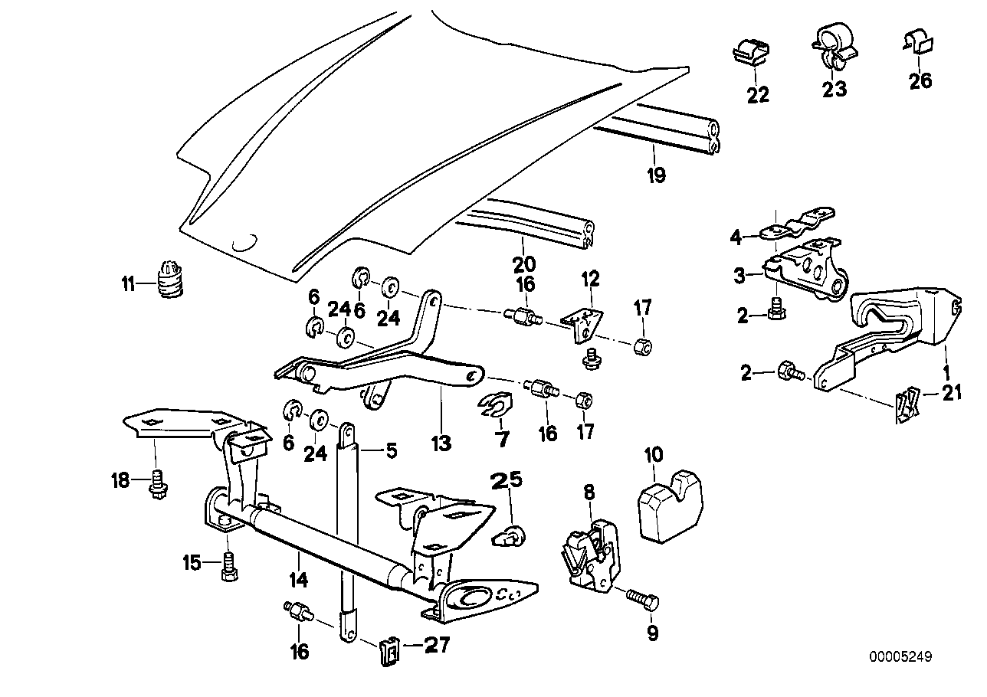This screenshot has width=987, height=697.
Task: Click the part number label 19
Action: coord(655,176)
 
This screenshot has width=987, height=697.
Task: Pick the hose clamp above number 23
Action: coord(833,45)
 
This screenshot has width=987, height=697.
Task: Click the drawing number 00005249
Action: coord(901,657)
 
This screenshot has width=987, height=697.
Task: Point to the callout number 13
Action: coord(441,443)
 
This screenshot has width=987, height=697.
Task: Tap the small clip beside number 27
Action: coord(390,650)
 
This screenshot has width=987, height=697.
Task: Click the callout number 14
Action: coord(298,580)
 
